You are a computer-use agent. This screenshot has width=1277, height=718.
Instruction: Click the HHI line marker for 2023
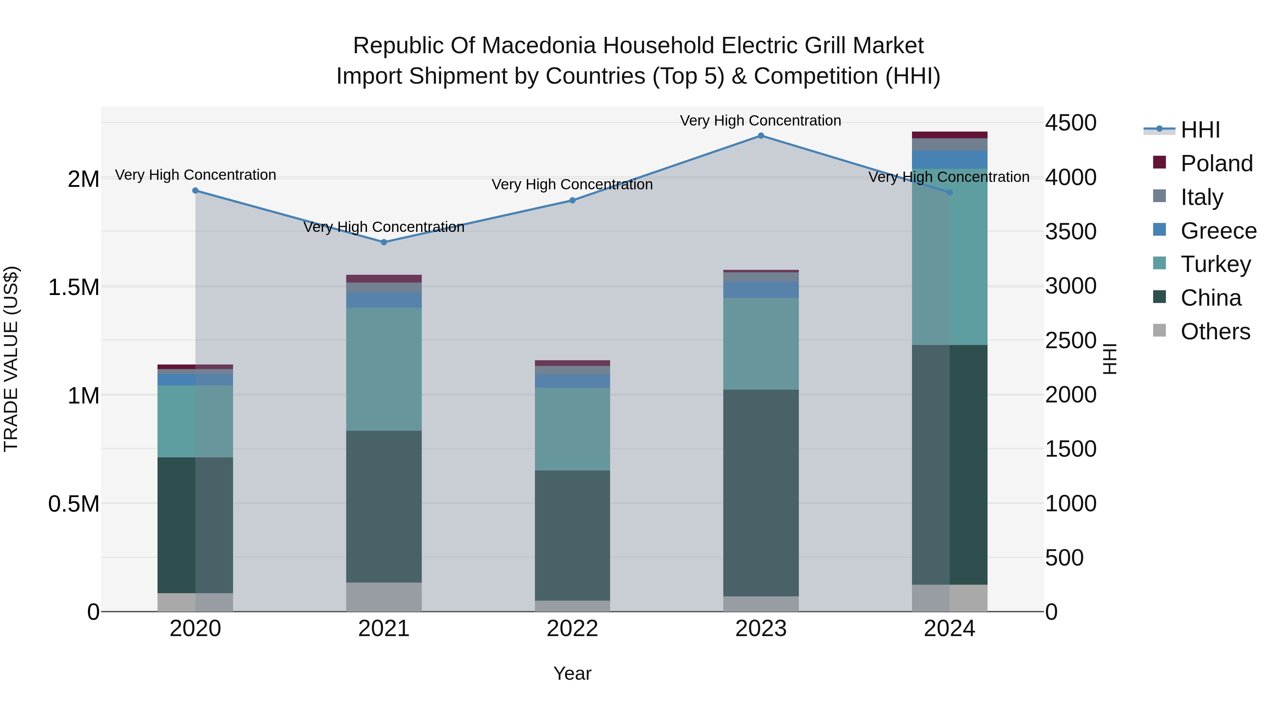point(761,136)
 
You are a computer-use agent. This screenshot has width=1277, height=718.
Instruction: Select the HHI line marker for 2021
point(384,242)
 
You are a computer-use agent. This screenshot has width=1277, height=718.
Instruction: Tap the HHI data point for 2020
point(195,191)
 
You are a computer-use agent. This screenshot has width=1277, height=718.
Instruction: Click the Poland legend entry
point(1216,163)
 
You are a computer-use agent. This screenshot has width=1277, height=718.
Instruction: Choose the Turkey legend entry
point(1215,264)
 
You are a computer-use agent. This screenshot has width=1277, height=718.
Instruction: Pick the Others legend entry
point(1215,332)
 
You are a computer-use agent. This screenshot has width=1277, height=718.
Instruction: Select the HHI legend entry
point(1200,130)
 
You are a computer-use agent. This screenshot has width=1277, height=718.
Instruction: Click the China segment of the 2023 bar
point(761,493)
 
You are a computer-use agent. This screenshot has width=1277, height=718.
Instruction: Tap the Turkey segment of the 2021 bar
point(384,369)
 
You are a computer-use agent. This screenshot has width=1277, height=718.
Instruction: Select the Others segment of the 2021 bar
point(384,597)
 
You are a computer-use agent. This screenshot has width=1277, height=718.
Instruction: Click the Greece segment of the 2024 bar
point(949,160)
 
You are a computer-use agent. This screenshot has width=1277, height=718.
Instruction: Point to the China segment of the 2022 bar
point(572,535)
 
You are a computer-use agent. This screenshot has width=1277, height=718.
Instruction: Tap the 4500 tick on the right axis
point(1071,123)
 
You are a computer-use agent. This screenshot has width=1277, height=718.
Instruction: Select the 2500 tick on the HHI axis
point(1071,340)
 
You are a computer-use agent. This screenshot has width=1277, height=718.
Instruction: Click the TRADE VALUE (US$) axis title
point(11,359)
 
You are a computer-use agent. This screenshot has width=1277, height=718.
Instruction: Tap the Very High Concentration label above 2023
point(761,121)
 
